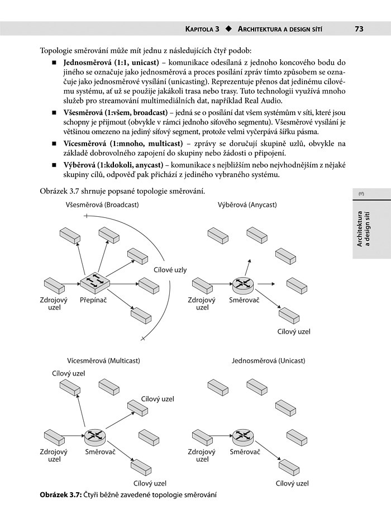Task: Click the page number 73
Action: pos(359,28)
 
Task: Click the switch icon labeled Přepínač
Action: pos(93,282)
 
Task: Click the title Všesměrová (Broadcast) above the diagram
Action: pos(103,204)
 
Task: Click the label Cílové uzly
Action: pos(170,270)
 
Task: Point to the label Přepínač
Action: pos(93,300)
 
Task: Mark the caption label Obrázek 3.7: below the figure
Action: pos(61,495)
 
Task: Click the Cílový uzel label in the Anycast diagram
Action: pos(294,331)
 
